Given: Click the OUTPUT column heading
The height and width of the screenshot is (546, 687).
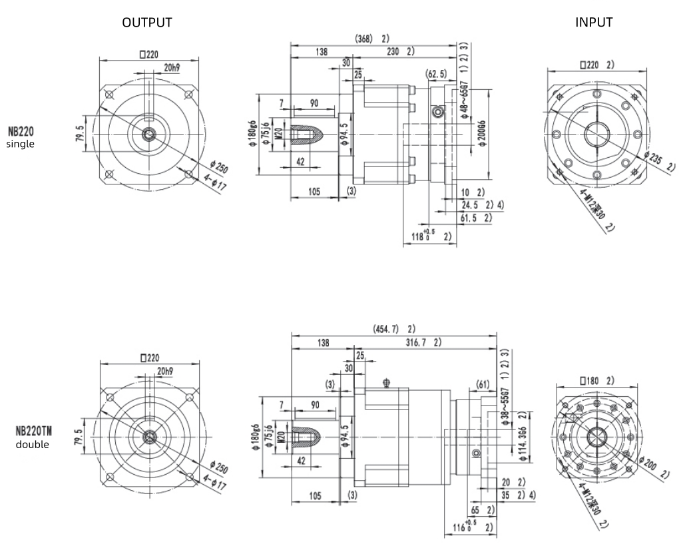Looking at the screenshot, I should click(146, 23).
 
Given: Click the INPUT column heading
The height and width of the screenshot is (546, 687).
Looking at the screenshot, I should click(594, 23).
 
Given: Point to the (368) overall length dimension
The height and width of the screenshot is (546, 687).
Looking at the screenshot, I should click(365, 39).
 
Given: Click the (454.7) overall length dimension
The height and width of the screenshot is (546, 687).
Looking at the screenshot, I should click(386, 329).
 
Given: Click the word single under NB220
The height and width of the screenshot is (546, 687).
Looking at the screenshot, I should click(21, 144).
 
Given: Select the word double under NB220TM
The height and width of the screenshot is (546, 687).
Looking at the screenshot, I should click(33, 445).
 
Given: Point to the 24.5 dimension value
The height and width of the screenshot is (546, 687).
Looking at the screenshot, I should click(471, 205).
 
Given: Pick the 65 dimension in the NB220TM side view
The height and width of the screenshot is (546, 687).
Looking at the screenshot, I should click(475, 509).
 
